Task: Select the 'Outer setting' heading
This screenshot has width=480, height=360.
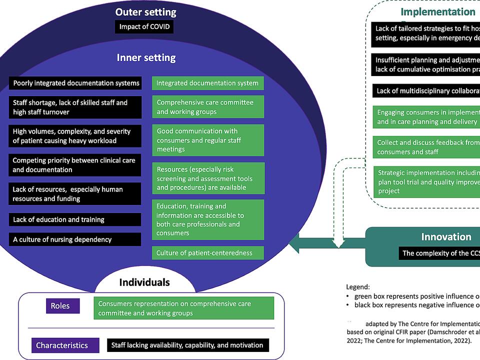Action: pyautogui.click(x=145, y=12)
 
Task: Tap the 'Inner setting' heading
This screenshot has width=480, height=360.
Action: pyautogui.click(x=146, y=57)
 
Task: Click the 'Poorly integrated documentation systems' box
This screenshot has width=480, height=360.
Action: pyautogui.click(x=75, y=83)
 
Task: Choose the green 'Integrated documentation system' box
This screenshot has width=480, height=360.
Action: pyautogui.click(x=208, y=83)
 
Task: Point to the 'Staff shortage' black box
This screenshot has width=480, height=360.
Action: pyautogui.click(x=75, y=107)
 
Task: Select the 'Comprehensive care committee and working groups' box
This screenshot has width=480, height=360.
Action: pyautogui.click(x=208, y=107)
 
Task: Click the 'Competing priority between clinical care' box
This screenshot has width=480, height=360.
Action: pyautogui.click(x=75, y=165)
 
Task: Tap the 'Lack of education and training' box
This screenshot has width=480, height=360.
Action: pyautogui.click(x=75, y=219)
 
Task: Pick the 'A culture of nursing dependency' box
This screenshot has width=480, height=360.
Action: pyautogui.click(x=75, y=239)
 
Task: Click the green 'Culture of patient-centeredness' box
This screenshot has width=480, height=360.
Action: pyautogui.click(x=208, y=253)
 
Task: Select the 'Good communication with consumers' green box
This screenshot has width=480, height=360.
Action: pyautogui.click(x=208, y=140)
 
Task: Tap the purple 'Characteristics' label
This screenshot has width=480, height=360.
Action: pyautogui.click(x=62, y=345)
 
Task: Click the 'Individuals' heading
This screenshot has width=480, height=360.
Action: pyautogui.click(x=144, y=282)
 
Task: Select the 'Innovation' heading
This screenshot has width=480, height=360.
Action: pyautogui.click(x=446, y=237)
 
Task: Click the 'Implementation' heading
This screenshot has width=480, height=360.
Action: pyautogui.click(x=438, y=12)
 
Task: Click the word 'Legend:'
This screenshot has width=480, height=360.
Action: pyautogui.click(x=358, y=286)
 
